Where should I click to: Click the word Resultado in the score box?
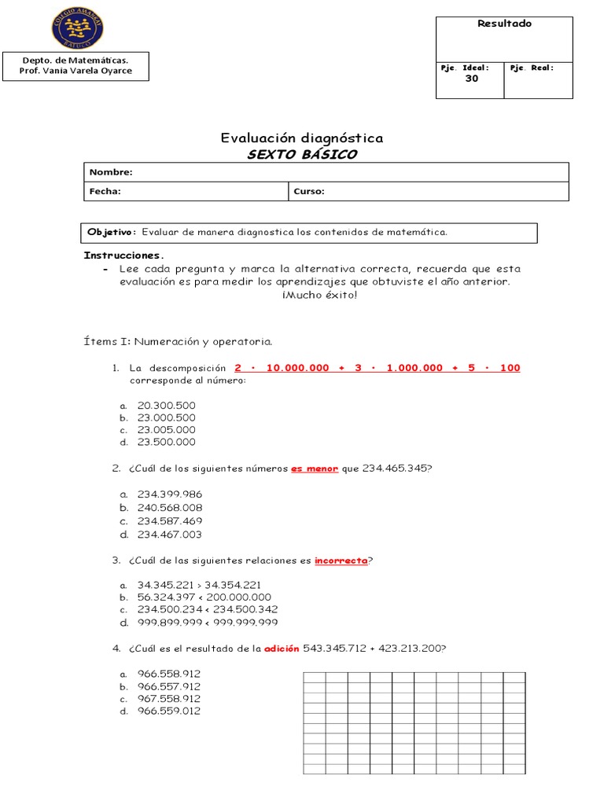504,24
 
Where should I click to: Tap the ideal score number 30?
471,79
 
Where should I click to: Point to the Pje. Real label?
532,68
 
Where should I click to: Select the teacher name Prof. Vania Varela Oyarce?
75,71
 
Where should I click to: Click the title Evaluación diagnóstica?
302,138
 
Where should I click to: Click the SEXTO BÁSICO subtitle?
302,154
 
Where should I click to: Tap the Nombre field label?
111,172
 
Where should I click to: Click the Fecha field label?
105,191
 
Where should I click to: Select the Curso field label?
309,191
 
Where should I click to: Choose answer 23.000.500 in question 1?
166,417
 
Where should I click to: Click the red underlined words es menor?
315,469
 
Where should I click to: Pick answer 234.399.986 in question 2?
169,494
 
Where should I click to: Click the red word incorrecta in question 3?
341,561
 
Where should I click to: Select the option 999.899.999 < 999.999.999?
208,622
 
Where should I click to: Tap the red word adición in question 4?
282,649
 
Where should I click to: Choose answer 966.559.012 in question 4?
169,711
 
